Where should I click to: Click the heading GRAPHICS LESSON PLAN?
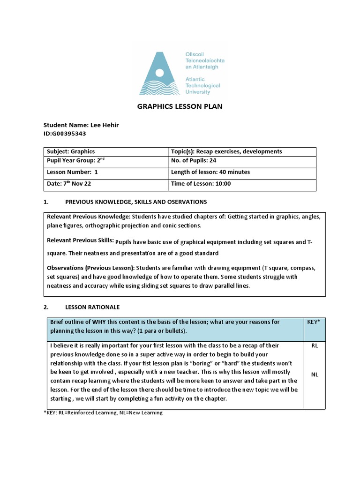180,106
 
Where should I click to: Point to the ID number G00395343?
65,134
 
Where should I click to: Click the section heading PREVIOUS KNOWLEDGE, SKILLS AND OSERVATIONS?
135,202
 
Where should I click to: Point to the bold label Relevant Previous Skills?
80,240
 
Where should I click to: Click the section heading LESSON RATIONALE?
92,307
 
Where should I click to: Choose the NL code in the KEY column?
314,375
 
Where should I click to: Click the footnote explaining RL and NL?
103,412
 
